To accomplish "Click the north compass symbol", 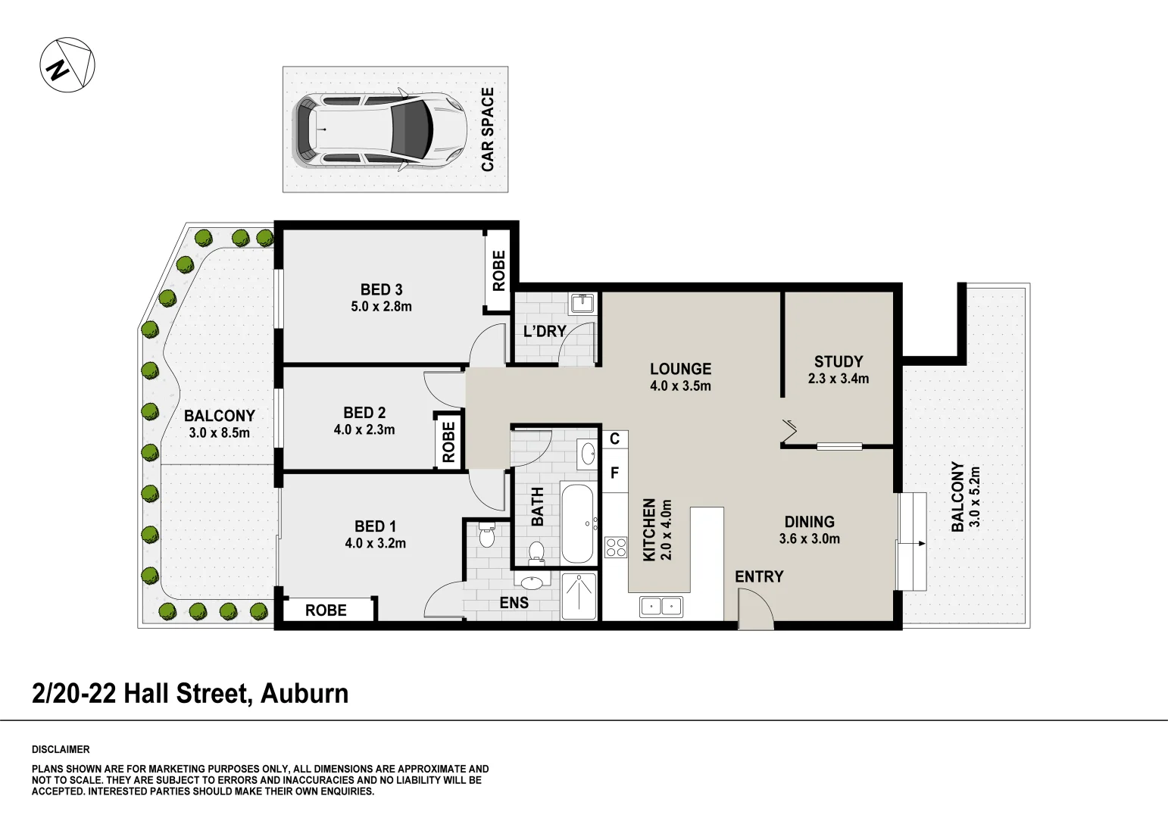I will tap(67, 65).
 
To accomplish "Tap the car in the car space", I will tap(379, 130).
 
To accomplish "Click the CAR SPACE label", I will tap(488, 130).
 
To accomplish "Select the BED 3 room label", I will tap(381, 289).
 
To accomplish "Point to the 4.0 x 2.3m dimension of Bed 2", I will tap(364, 429).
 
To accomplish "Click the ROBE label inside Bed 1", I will tap(326, 610).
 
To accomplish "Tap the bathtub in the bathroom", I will tap(577, 523).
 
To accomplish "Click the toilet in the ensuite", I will tap(486, 536).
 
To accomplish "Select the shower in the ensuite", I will tap(579, 596).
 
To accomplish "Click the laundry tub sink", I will tap(582, 304).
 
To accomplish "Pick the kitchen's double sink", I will tap(661, 606).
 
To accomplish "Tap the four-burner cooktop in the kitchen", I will tap(616, 547).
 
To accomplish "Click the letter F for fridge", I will tap(615, 473).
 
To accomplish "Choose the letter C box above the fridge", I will tap(614, 439).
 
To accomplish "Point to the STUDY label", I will tap(839, 361).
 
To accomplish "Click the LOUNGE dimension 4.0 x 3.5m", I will tap(680, 386).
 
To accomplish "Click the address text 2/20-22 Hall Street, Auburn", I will tap(190, 693).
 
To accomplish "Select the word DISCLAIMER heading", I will tap(61, 749).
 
